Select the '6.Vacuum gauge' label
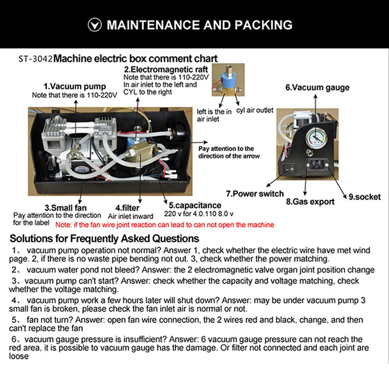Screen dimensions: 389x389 click(317, 88)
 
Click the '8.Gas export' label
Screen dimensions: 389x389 click(310, 201)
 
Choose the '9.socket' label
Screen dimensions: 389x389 click(364, 197)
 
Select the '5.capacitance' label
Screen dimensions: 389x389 click(194, 205)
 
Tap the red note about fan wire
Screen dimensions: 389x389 click(164, 225)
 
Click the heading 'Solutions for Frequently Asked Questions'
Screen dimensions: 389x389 click(105, 239)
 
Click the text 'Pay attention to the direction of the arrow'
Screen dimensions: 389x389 click(229, 152)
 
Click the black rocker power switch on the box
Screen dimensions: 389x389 click(289, 170)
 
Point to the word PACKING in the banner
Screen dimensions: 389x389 click(265, 24)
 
